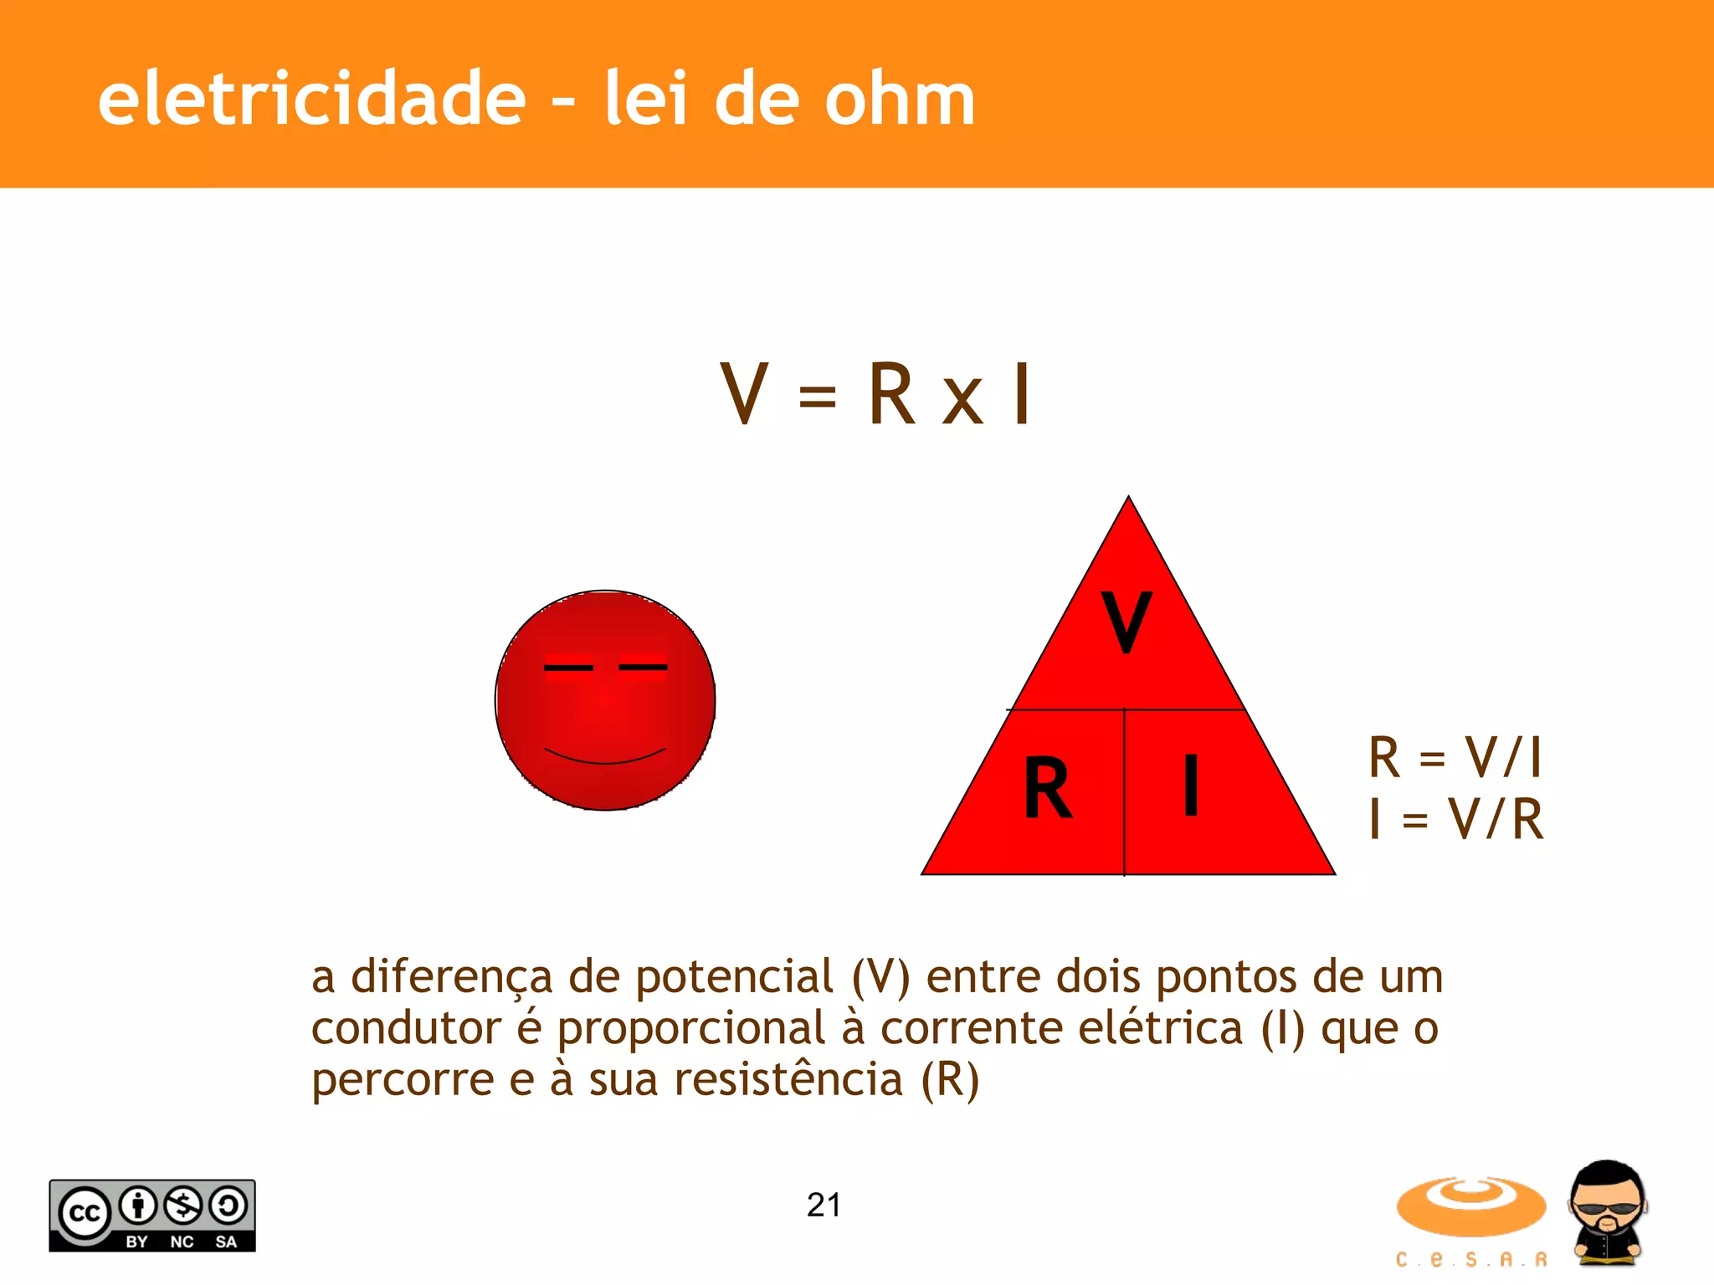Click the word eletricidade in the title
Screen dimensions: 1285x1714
pyautogui.click(x=311, y=99)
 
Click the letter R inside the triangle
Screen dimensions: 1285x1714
pyautogui.click(x=1047, y=787)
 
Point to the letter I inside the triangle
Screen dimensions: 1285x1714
pyautogui.click(x=1191, y=785)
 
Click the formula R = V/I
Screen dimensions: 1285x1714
pyautogui.click(x=1455, y=757)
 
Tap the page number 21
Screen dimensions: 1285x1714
pyautogui.click(x=824, y=1205)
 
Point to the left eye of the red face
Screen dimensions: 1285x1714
pyautogui.click(x=568, y=668)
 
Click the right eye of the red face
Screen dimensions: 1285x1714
pyautogui.click(x=643, y=667)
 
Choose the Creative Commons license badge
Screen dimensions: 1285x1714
pyautogui.click(x=152, y=1216)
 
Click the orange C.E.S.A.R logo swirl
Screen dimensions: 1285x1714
pyautogui.click(x=1470, y=1206)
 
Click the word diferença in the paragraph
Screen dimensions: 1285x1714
pyautogui.click(x=452, y=976)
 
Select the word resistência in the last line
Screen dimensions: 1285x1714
pyautogui.click(x=788, y=1079)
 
